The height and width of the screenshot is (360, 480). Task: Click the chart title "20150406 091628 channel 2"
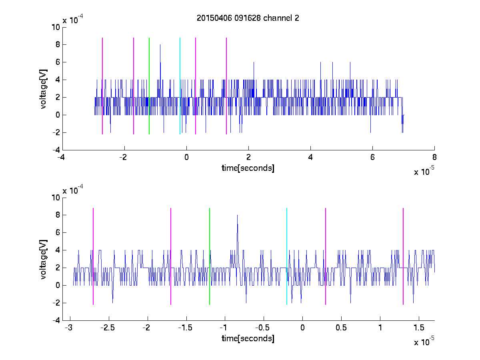pyautogui.click(x=248, y=18)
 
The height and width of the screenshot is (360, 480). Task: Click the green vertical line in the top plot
pyautogui.click(x=149, y=86)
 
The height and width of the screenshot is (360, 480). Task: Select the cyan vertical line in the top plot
pyautogui.click(x=180, y=86)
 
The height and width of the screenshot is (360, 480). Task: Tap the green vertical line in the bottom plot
pyautogui.click(x=210, y=256)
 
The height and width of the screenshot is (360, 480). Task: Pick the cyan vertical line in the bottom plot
pyautogui.click(x=287, y=256)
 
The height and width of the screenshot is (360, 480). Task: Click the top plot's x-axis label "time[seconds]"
pyautogui.click(x=248, y=168)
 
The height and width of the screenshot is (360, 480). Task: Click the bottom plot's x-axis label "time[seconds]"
pyautogui.click(x=248, y=338)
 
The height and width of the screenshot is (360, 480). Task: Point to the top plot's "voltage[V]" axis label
pyautogui.click(x=43, y=89)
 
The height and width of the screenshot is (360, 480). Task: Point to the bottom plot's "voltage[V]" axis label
pyautogui.click(x=43, y=259)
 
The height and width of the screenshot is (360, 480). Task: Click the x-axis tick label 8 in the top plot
pyautogui.click(x=434, y=157)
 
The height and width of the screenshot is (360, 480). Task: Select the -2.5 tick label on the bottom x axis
pyautogui.click(x=108, y=328)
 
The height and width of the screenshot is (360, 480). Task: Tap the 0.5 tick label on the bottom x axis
pyautogui.click(x=341, y=328)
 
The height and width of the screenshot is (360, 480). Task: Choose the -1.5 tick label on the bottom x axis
pyautogui.click(x=185, y=328)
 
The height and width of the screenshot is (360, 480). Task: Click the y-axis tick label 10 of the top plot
pyautogui.click(x=56, y=27)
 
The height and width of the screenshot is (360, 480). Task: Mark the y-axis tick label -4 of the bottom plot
pyautogui.click(x=56, y=320)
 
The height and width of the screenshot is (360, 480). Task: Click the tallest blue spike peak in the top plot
pyautogui.click(x=160, y=45)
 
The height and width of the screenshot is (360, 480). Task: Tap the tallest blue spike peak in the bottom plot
pyautogui.click(x=237, y=215)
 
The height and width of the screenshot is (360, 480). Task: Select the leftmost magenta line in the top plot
pyautogui.click(x=102, y=86)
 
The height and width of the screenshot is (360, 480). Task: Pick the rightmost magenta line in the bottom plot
pyautogui.click(x=403, y=256)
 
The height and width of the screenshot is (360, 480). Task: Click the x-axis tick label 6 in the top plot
pyautogui.click(x=372, y=157)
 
